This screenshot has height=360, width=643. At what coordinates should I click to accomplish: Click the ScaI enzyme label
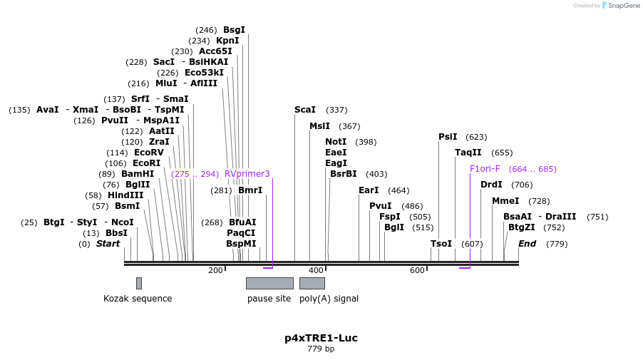[x=304, y=110]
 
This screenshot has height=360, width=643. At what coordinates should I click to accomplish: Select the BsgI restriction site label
[x=234, y=30]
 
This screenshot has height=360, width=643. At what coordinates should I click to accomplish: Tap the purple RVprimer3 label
[x=247, y=174]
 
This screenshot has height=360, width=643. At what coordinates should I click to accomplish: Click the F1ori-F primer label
[x=485, y=169]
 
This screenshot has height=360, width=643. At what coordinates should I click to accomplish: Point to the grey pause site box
[x=269, y=283]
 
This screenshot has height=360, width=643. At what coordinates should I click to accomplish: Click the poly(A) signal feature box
[x=312, y=283]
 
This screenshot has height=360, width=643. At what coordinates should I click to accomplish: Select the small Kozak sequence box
[x=139, y=283]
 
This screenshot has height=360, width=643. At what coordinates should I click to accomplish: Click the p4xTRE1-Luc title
[x=321, y=338]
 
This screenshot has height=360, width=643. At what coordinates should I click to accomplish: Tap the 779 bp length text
[x=321, y=349]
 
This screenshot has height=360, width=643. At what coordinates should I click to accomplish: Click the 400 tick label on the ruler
[x=316, y=270]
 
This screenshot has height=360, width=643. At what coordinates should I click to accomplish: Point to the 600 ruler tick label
[x=417, y=270]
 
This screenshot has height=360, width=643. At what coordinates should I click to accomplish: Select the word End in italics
[x=527, y=244]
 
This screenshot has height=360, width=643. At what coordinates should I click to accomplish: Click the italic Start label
[x=108, y=244]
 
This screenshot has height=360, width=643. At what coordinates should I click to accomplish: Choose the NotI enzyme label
[x=336, y=142]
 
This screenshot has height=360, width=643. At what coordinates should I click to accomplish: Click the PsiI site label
[x=448, y=137]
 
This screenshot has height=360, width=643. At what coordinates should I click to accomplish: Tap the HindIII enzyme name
[x=125, y=195]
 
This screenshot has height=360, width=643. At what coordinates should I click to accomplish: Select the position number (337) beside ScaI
[x=336, y=110]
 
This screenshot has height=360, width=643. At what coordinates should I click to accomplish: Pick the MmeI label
[x=505, y=201]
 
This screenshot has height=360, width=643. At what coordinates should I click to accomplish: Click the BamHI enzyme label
[x=138, y=174]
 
